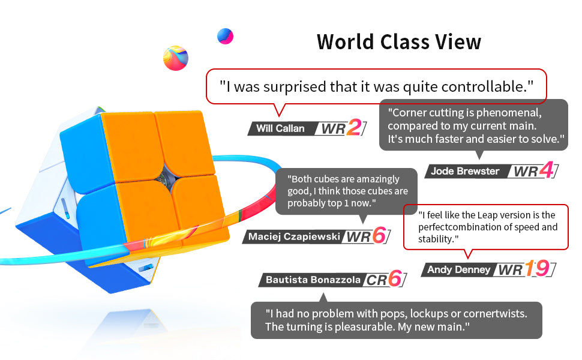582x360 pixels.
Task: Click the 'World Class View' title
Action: pos(398,41)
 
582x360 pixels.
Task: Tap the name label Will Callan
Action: pos(280,128)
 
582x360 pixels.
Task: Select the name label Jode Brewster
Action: pos(465,171)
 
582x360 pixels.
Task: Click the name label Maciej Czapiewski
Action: pos(294,237)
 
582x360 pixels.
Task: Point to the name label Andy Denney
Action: pos(459,269)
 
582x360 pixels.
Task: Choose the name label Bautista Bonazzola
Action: pos(313,280)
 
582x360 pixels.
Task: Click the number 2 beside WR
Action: pos(354,128)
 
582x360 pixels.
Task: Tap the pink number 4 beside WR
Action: pos(547,170)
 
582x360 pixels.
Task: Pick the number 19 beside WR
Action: pos(538,268)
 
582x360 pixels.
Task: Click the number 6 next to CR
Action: pos(395,278)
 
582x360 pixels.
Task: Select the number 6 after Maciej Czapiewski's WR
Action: pos(379,235)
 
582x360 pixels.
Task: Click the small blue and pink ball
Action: pos(226,36)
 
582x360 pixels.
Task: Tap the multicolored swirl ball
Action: pos(176,58)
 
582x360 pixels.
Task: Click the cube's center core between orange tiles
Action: pos(165,178)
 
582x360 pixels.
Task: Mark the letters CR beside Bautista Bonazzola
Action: pos(376,280)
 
